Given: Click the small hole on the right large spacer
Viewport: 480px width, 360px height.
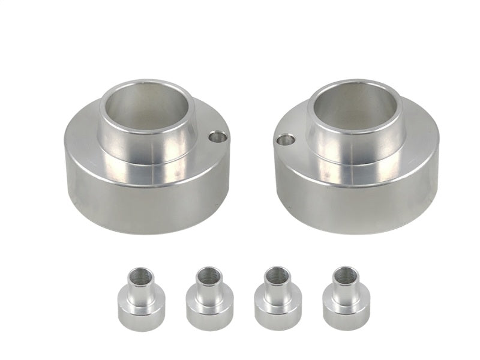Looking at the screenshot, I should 286,142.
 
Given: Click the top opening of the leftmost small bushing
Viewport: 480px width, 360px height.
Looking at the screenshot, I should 137,277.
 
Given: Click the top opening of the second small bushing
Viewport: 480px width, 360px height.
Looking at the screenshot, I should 206,277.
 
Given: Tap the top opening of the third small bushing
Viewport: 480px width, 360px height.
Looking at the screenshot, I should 274,277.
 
